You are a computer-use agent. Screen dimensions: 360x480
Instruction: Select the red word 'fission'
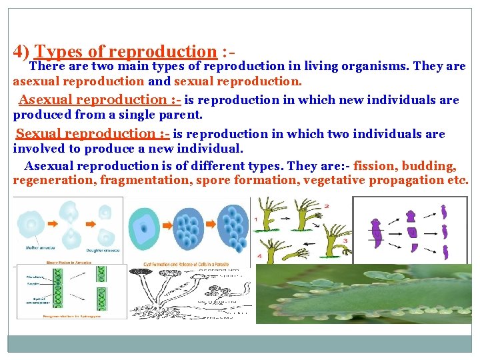pos(377,167)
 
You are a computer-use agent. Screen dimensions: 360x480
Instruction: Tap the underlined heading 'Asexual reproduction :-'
pos(99,100)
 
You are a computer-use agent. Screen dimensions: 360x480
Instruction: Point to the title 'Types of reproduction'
pos(125,51)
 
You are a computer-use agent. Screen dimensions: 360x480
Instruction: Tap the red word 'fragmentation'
pos(141,180)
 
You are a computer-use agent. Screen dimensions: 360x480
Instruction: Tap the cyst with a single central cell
pos(143,227)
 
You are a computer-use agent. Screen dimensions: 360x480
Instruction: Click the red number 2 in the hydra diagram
pos(326,206)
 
